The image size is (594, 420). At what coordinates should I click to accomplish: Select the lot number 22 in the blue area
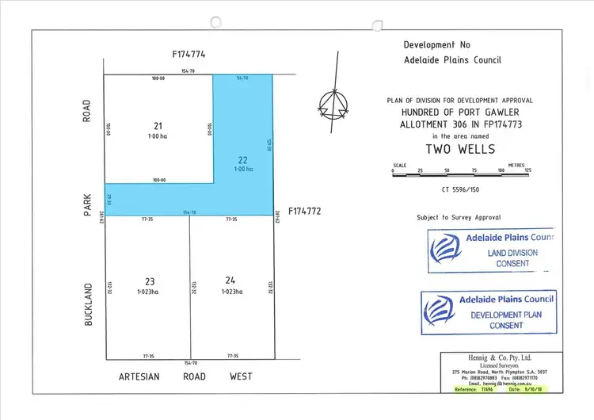click(x=243, y=159)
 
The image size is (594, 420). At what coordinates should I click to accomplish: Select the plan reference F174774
click(x=188, y=55)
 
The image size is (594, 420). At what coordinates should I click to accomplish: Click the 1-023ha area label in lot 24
click(x=232, y=292)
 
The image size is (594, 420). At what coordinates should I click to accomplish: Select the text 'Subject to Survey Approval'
click(x=459, y=217)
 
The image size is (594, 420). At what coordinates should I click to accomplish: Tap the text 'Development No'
click(x=440, y=46)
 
